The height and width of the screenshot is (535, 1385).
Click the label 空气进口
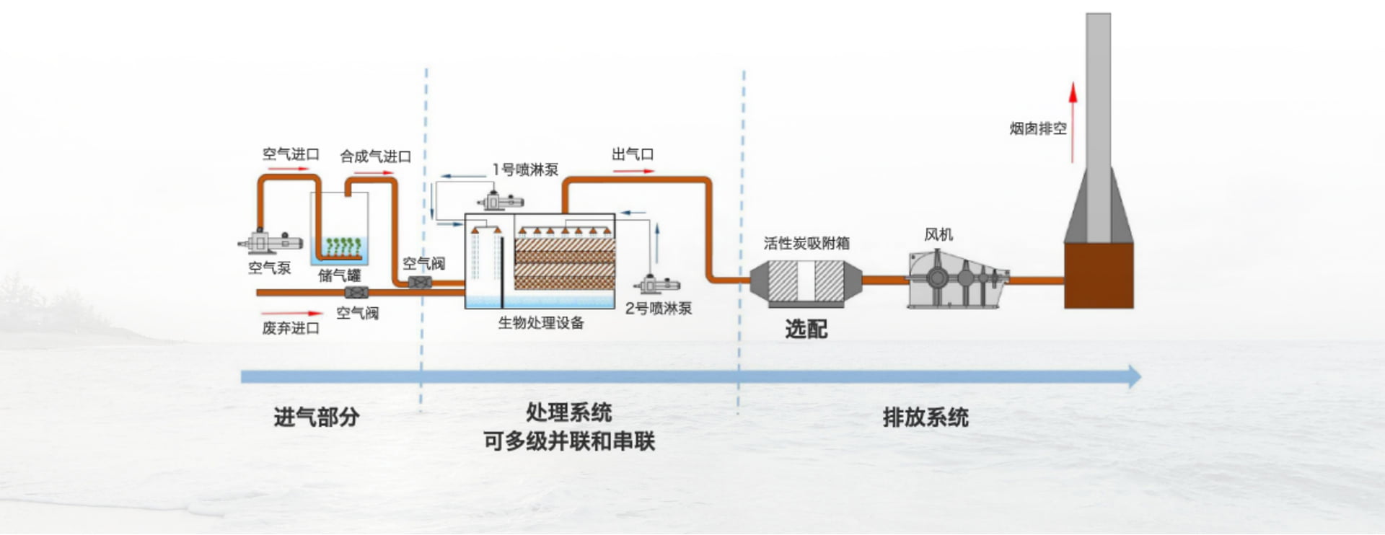[x=291, y=154]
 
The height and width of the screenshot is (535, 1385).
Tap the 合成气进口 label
[x=375, y=156]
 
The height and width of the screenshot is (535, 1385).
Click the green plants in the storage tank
[x=342, y=246]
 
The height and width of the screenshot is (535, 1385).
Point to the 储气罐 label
[x=339, y=275]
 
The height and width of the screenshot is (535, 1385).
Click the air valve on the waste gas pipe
[x=356, y=293]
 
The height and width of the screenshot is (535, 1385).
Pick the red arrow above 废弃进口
[x=292, y=314]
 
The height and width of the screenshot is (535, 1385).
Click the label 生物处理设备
[x=541, y=323]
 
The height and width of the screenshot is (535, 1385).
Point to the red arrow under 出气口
[x=633, y=172]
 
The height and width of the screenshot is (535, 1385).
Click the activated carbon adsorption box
[x=806, y=280]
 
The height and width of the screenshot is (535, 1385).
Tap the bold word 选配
[x=806, y=330]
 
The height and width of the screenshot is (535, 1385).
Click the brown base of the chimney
[x=1099, y=275]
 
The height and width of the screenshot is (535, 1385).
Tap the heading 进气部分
[x=316, y=417]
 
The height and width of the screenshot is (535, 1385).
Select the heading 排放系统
[x=925, y=417]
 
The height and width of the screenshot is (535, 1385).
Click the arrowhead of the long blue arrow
[x=1134, y=376]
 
